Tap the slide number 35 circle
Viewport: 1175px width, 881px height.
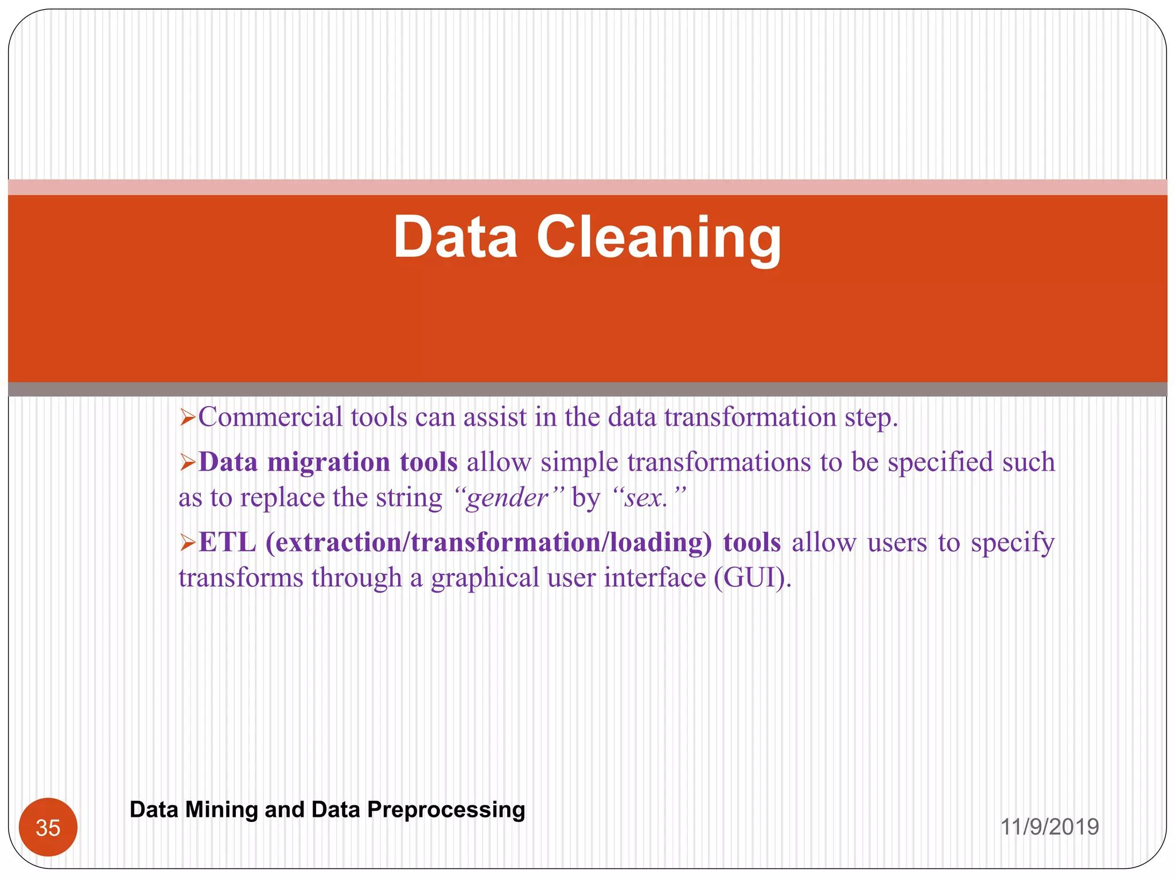[x=48, y=827]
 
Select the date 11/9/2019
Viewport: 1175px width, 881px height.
[x=1049, y=827]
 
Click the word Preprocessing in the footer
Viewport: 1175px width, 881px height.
[x=446, y=809]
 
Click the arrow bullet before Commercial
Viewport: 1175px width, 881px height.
[x=188, y=418]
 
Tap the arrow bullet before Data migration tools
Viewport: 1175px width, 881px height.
[x=188, y=462]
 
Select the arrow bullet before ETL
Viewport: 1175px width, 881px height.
[x=188, y=542]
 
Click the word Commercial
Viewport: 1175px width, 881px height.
[x=270, y=417]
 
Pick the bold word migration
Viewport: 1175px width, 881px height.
[x=329, y=462]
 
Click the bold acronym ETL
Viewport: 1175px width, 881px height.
[x=227, y=542]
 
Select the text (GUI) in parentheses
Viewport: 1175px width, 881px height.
[x=751, y=578]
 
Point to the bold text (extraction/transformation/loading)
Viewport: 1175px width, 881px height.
[x=488, y=542]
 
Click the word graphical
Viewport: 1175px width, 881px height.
[x=485, y=578]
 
